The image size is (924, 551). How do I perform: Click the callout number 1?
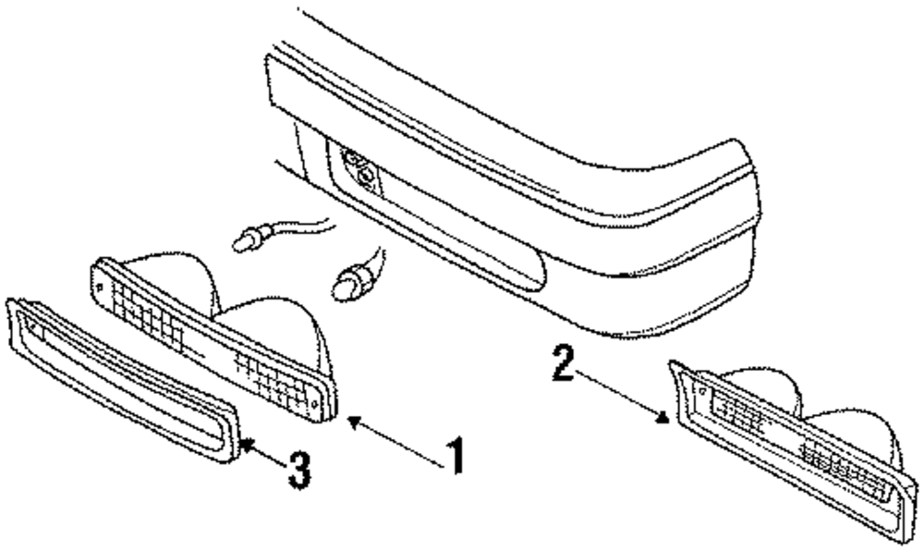point(453,456)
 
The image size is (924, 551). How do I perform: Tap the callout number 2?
point(559,363)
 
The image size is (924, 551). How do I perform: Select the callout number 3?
point(296,470)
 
